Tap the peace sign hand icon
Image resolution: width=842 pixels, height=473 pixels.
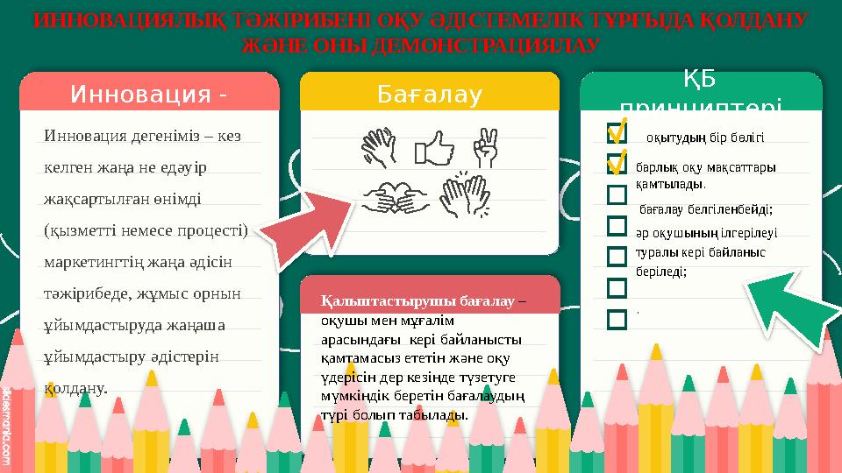tap(484, 147)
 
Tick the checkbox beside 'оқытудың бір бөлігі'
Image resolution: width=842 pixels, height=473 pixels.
tap(617, 134)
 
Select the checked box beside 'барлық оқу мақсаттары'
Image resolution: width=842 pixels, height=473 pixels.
tap(617, 164)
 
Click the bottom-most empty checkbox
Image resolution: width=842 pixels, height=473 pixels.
tap(617, 317)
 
